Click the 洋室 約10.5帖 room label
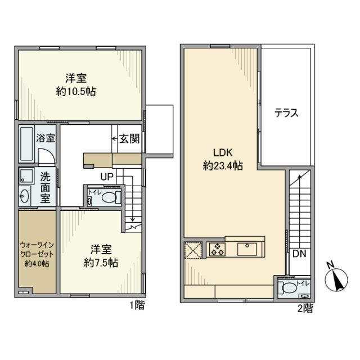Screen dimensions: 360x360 75,85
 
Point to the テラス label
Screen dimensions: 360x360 286,112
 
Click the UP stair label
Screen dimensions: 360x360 107,177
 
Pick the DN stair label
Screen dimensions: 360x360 299,254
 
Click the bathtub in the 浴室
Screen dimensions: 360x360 26,143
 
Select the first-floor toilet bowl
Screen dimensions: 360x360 111,197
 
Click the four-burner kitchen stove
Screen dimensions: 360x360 216,250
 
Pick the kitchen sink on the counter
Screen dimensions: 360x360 247,249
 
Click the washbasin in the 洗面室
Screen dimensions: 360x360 25,195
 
